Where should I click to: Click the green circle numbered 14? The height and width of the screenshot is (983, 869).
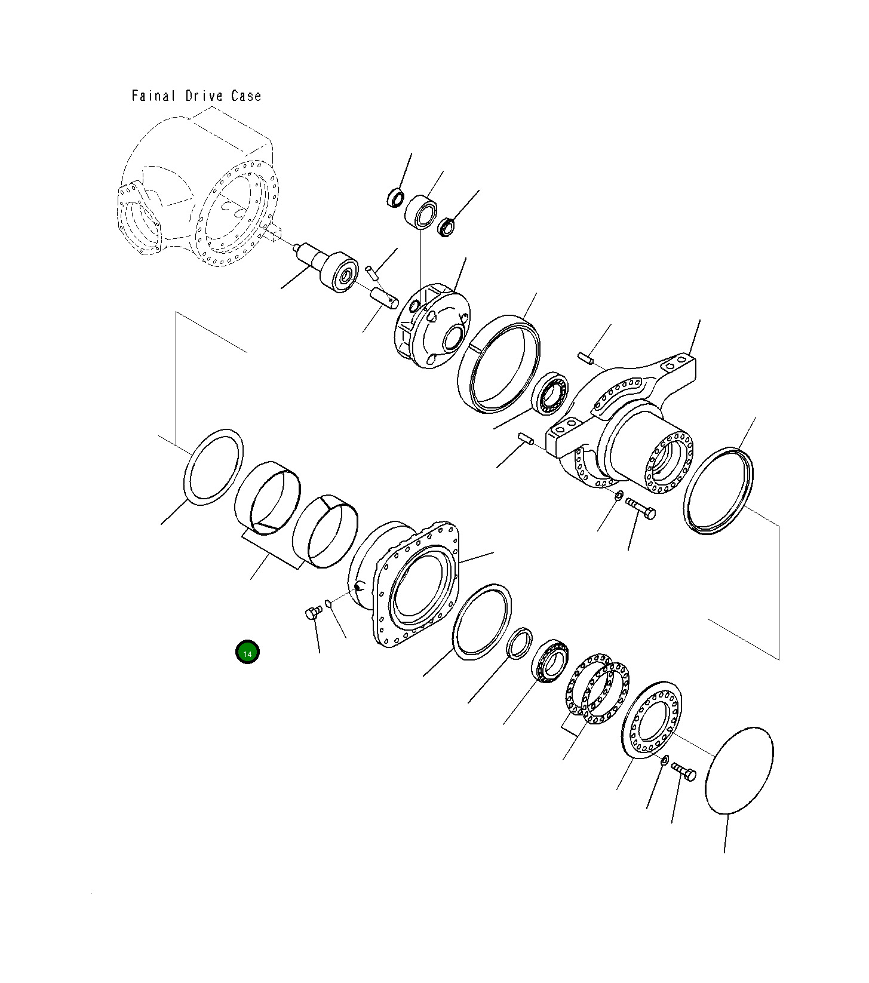pyautogui.click(x=247, y=652)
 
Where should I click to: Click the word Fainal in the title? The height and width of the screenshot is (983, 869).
pyautogui.click(x=153, y=96)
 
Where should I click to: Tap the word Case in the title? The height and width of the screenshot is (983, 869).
pyautogui.click(x=246, y=96)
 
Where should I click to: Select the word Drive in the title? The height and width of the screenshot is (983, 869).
pyautogui.click(x=203, y=96)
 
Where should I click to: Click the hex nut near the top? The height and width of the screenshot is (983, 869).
pyautogui.click(x=447, y=227)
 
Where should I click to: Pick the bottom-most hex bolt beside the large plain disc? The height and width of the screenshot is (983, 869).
pyautogui.click(x=684, y=772)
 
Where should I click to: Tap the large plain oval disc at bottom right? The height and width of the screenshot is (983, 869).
pyautogui.click(x=739, y=770)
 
